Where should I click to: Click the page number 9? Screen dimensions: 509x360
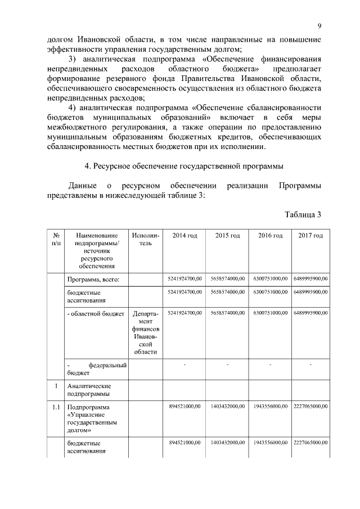(319, 26)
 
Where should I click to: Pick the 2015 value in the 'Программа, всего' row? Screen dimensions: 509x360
(227, 278)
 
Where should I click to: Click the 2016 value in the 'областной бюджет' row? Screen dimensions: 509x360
(271, 312)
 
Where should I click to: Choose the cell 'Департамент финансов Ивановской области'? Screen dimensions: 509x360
(146, 332)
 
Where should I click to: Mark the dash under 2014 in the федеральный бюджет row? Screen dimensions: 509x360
(184, 366)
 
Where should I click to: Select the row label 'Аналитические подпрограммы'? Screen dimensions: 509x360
(89, 390)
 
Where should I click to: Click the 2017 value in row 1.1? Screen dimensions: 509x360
(310, 406)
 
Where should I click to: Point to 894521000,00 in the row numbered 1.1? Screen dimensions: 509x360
(184, 406)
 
